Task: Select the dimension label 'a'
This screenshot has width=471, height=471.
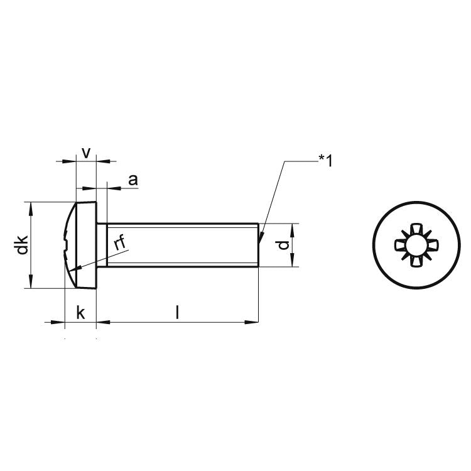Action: [133, 180]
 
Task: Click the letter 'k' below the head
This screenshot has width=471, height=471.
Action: [80, 312]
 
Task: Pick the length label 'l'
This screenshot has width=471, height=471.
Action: [177, 311]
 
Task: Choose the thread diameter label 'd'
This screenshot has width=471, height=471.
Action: [284, 244]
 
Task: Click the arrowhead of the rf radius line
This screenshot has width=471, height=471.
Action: [73, 271]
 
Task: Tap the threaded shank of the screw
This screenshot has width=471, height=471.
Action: [182, 246]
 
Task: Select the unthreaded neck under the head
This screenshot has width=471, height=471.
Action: [101, 246]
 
